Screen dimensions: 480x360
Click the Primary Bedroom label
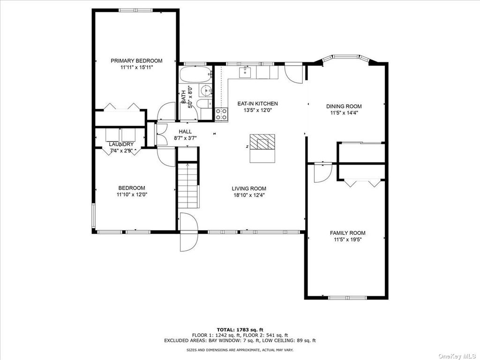[136, 60]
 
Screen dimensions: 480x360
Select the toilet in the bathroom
[204, 104]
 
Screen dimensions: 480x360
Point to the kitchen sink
[245, 72]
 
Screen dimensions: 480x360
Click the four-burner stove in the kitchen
[221, 114]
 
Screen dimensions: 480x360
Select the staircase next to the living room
[188, 186]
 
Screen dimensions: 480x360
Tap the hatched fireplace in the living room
[262, 142]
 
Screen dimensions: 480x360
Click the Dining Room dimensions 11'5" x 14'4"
[344, 112]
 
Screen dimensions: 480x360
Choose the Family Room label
[347, 233]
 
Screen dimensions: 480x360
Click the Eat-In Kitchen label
[258, 104]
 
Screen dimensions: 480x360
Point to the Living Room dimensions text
[249, 195]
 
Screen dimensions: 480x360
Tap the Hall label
[185, 132]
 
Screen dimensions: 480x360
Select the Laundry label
[121, 144]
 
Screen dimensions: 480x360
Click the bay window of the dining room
[345, 59]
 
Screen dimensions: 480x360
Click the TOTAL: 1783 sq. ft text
[240, 330]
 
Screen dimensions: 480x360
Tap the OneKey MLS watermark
[458, 356]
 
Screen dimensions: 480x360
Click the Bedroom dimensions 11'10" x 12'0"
[132, 194]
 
